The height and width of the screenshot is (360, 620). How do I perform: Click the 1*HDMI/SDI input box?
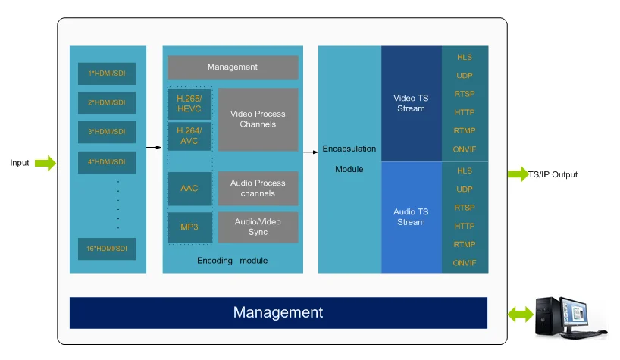click(x=107, y=74)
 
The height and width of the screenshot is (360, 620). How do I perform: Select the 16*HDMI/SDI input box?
click(x=107, y=249)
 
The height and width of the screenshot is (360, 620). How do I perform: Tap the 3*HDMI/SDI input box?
click(x=107, y=132)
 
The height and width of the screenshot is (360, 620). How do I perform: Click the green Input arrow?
click(x=45, y=163)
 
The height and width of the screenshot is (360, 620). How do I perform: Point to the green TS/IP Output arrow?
click(x=518, y=174)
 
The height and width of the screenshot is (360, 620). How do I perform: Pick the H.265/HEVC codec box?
click(x=189, y=104)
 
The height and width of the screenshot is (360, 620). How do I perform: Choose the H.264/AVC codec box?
click(x=189, y=136)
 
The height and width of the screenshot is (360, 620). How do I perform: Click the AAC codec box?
click(x=189, y=188)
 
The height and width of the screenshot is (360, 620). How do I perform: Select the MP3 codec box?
click(x=189, y=227)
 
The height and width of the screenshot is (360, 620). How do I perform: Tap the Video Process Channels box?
click(x=258, y=119)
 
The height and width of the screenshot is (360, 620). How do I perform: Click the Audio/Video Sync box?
click(x=258, y=227)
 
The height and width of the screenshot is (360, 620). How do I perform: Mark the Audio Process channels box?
click(x=258, y=188)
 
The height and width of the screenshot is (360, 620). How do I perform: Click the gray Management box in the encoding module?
click(x=233, y=67)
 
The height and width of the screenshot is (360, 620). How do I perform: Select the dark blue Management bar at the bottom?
click(x=278, y=312)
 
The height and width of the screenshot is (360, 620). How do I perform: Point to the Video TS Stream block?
click(x=411, y=104)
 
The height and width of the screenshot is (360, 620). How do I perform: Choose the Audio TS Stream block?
click(x=411, y=217)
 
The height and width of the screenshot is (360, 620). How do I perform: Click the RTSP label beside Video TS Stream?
click(x=465, y=94)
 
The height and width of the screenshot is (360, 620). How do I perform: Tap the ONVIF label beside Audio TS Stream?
click(x=465, y=263)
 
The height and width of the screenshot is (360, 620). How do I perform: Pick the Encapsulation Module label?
click(x=349, y=158)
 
